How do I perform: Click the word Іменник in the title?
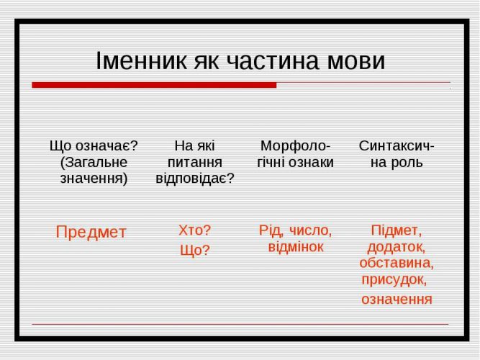tap(141, 60)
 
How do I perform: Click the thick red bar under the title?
tap(154, 85)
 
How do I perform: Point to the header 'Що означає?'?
tap(94, 145)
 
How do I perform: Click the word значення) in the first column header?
tap(94, 179)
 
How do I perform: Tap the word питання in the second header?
tap(195, 163)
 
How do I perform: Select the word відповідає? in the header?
tap(195, 178)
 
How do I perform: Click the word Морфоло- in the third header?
tap(295, 146)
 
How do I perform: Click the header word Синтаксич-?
tap(397, 145)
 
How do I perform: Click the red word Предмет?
tap(91, 233)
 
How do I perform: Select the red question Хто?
tap(195, 230)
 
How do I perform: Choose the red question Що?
tap(195, 250)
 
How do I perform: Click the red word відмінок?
tap(295, 247)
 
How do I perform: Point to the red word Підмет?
tap(396, 230)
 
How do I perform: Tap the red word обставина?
tap(396, 263)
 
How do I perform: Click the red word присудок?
tap(394, 280)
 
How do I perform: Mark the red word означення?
tap(397, 299)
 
